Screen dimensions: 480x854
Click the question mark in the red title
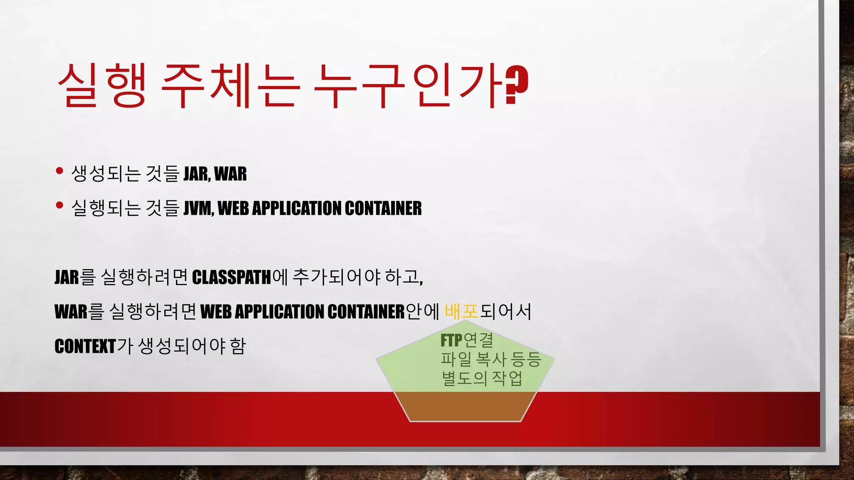pos(517,85)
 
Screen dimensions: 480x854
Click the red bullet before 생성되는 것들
pos(59,170)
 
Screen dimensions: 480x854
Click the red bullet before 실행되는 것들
pos(59,205)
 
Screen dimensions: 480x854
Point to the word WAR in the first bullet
pos(230,174)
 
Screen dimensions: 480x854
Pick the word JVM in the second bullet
pos(198,208)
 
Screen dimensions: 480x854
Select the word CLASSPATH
pos(231,277)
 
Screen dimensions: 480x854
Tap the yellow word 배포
pos(462,312)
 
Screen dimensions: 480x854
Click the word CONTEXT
pos(85,346)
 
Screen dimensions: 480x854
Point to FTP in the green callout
pos(451,340)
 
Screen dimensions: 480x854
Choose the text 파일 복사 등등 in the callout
pos(491,359)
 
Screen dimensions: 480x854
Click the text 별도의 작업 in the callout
pos(482,378)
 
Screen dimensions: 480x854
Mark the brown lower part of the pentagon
pos(465,406)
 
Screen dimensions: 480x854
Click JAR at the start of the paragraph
pos(67,277)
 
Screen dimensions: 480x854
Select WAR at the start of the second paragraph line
pos(71,312)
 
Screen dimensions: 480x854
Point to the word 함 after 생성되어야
pos(237,346)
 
